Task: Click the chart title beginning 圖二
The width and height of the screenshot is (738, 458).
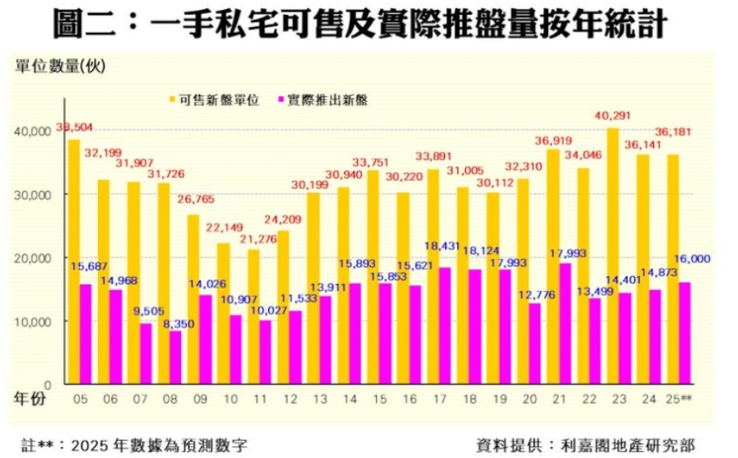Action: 359,22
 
